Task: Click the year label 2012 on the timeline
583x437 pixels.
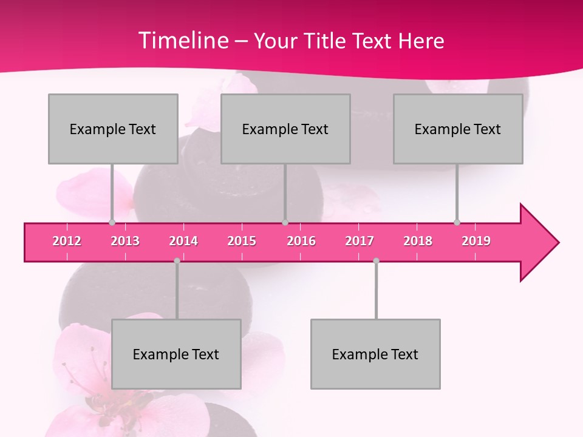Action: [x=67, y=241]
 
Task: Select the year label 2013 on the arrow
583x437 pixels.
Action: [x=125, y=241]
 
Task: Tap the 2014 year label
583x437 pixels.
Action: [x=183, y=241]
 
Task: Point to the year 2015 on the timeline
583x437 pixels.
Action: [x=242, y=241]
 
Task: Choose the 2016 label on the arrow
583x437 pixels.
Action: [x=301, y=241]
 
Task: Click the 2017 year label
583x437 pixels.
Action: [x=360, y=241]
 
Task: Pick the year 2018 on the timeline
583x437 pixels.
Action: [x=418, y=241]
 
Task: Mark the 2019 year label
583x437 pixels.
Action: [x=476, y=241]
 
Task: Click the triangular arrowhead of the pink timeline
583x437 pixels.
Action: [x=537, y=243]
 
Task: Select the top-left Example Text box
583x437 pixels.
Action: [x=113, y=129]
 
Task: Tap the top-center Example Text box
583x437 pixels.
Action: [x=285, y=129]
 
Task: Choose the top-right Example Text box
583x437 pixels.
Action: [x=458, y=129]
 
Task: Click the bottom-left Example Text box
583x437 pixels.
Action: [x=176, y=354]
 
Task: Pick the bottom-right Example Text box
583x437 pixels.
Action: [x=375, y=354]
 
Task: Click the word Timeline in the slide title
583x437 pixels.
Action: [x=182, y=41]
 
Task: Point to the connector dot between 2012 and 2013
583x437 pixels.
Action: [x=112, y=222]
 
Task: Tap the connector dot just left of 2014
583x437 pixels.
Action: [x=177, y=260]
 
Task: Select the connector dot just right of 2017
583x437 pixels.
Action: [x=376, y=260]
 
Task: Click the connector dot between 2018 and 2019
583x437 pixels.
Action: [x=457, y=222]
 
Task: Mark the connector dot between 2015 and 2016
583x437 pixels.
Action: [x=285, y=222]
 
